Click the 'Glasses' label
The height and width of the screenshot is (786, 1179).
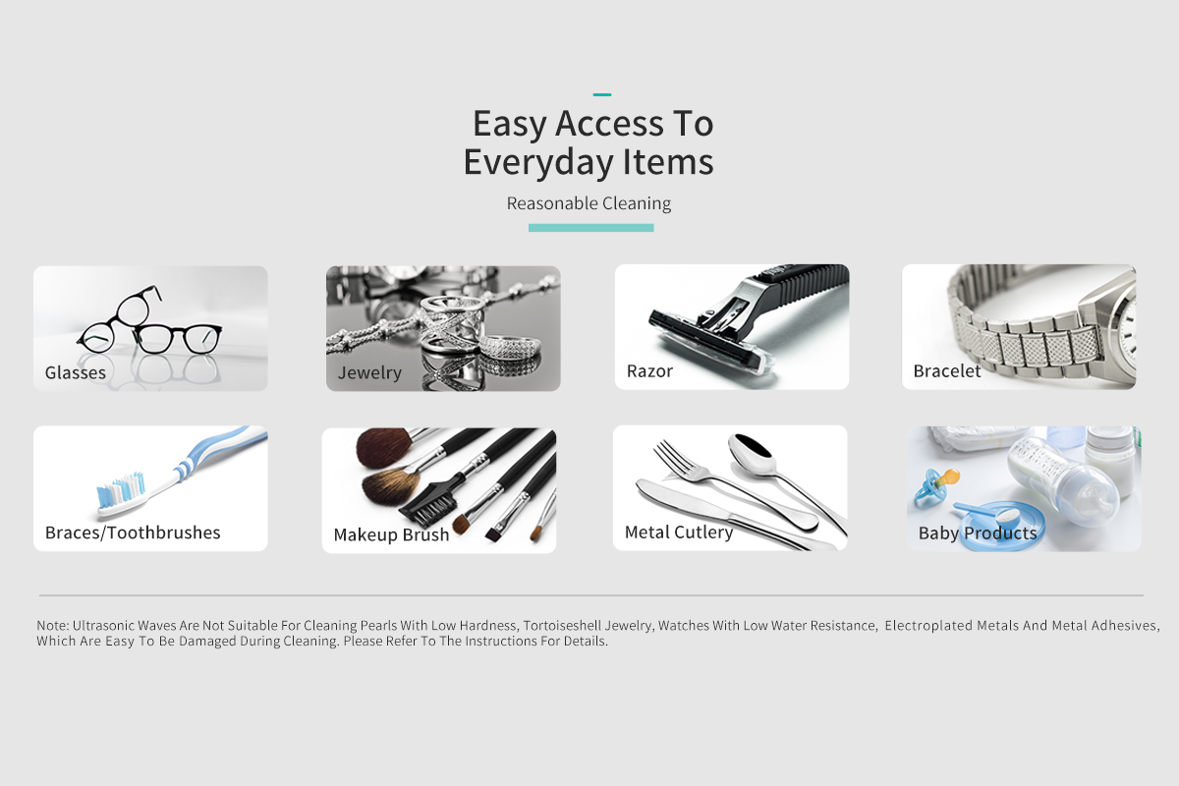[x=76, y=372]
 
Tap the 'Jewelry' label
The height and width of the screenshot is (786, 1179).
[x=369, y=372]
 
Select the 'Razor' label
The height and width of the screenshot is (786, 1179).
[x=649, y=371]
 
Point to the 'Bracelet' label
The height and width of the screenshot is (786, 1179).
[x=947, y=371]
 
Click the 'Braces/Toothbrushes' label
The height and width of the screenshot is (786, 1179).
[x=133, y=533]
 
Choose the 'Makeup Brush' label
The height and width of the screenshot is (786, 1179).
[x=392, y=534]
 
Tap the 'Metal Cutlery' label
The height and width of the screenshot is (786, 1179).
[x=679, y=533]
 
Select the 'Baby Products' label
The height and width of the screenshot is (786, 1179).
[x=978, y=533]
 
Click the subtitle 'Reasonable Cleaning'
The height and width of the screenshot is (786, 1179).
[x=589, y=203]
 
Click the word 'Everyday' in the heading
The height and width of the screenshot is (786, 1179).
[x=538, y=162]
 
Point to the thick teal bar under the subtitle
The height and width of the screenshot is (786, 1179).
[x=591, y=228]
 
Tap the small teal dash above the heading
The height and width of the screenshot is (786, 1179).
[x=602, y=94]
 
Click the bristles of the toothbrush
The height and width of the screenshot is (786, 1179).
[x=121, y=489]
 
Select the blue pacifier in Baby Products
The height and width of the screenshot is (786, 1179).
[x=930, y=487]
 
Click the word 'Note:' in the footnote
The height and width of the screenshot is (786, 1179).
[x=53, y=626]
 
